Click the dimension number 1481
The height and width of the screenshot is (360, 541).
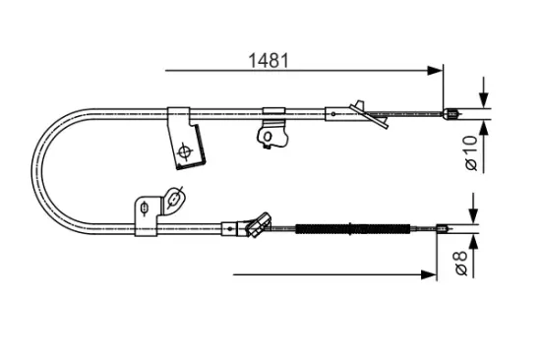[x=267, y=60]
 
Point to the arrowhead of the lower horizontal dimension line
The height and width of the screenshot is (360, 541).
[x=429, y=273]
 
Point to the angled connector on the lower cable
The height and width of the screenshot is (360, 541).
[x=258, y=223]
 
